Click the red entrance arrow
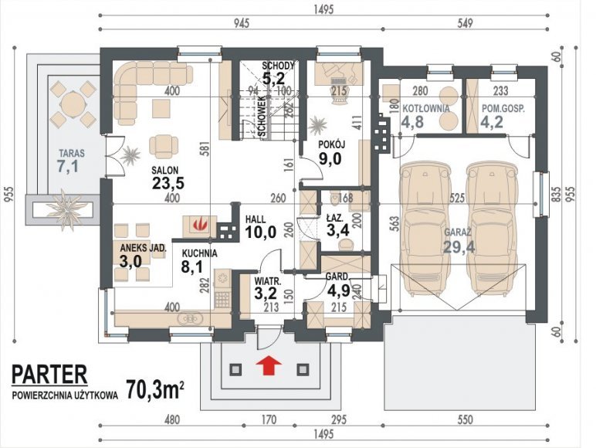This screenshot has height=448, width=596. click(269, 365)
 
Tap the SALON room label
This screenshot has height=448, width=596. click(165, 170)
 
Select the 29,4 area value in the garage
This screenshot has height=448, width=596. click(459, 247)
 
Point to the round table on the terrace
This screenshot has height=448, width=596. click(73, 104)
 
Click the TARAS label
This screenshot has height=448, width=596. click(72, 154)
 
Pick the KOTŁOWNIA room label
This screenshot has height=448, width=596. click(426, 108)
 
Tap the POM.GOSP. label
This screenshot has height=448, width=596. click(503, 108)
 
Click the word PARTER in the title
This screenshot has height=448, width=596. click(49, 374)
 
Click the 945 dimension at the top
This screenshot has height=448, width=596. click(241, 23)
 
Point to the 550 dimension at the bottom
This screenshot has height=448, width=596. click(466, 420)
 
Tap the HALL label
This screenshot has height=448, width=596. click(256, 219)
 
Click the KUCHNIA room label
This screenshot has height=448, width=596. click(199, 253)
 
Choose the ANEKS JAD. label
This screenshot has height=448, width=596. click(144, 249)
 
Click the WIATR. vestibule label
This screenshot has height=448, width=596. click(268, 282)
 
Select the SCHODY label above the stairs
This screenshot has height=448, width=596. click(278, 66)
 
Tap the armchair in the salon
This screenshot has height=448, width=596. click(164, 146)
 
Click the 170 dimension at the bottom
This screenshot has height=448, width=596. click(269, 420)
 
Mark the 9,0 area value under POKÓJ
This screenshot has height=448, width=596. click(330, 159)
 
